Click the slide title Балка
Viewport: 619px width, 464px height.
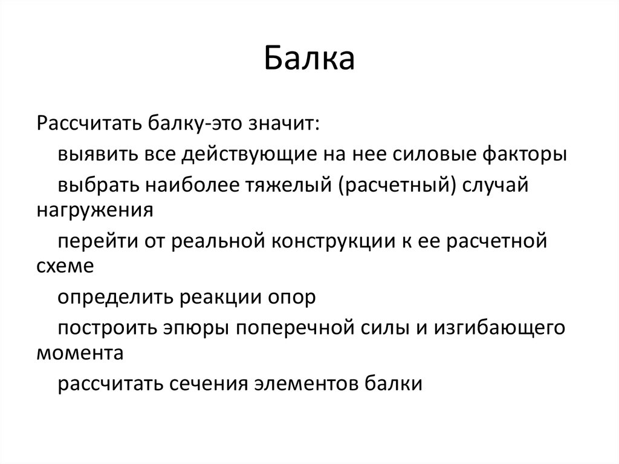(x=309, y=60)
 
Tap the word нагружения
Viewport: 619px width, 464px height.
(x=96, y=211)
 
